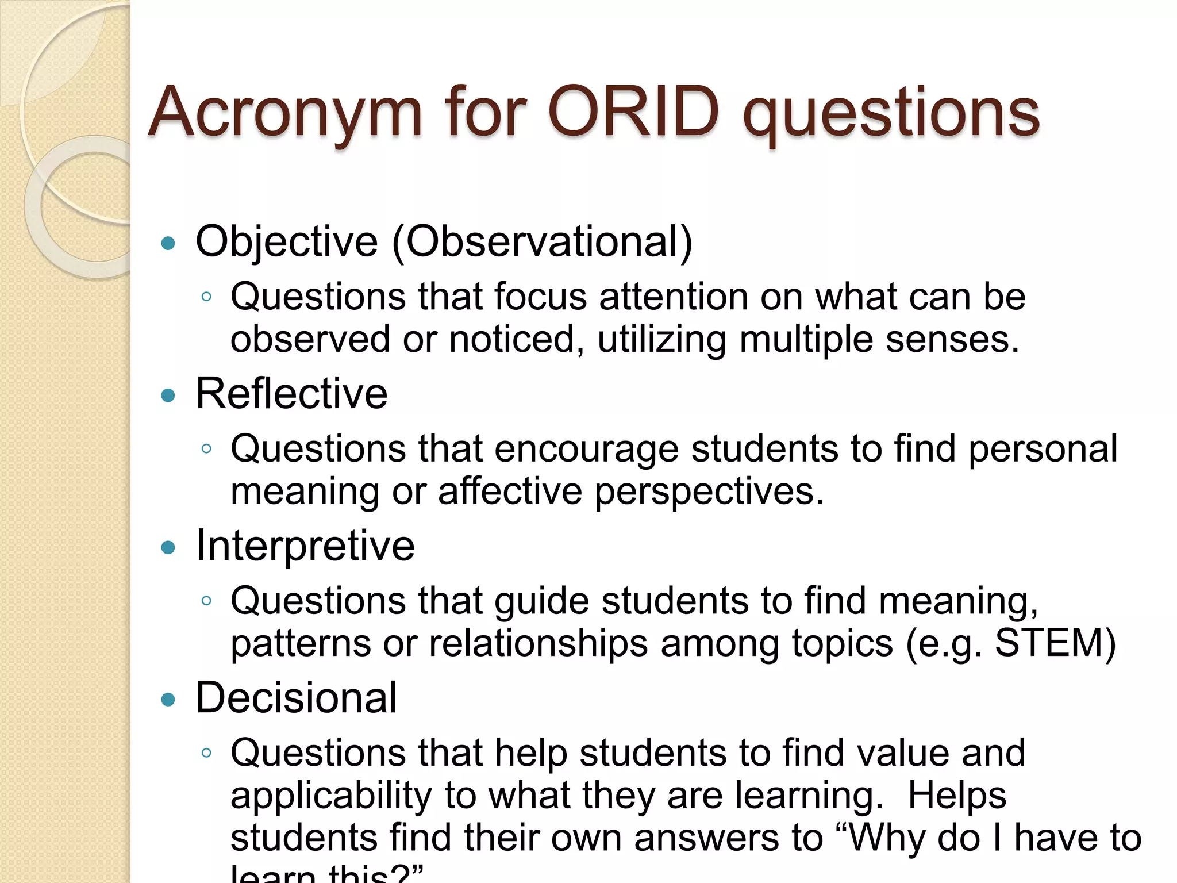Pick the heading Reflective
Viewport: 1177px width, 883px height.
point(291,394)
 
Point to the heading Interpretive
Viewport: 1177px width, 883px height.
point(305,546)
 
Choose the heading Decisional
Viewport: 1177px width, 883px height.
point(296,698)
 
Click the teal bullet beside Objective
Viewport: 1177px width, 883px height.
point(168,244)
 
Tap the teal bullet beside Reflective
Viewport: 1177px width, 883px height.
point(168,396)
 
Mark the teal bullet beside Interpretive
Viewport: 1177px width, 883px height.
point(168,547)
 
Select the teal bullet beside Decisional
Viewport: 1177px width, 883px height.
point(168,700)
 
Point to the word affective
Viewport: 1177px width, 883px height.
point(510,492)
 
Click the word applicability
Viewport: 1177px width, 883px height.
point(331,796)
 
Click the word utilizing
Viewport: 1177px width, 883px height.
point(661,339)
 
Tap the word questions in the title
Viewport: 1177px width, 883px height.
point(891,114)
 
